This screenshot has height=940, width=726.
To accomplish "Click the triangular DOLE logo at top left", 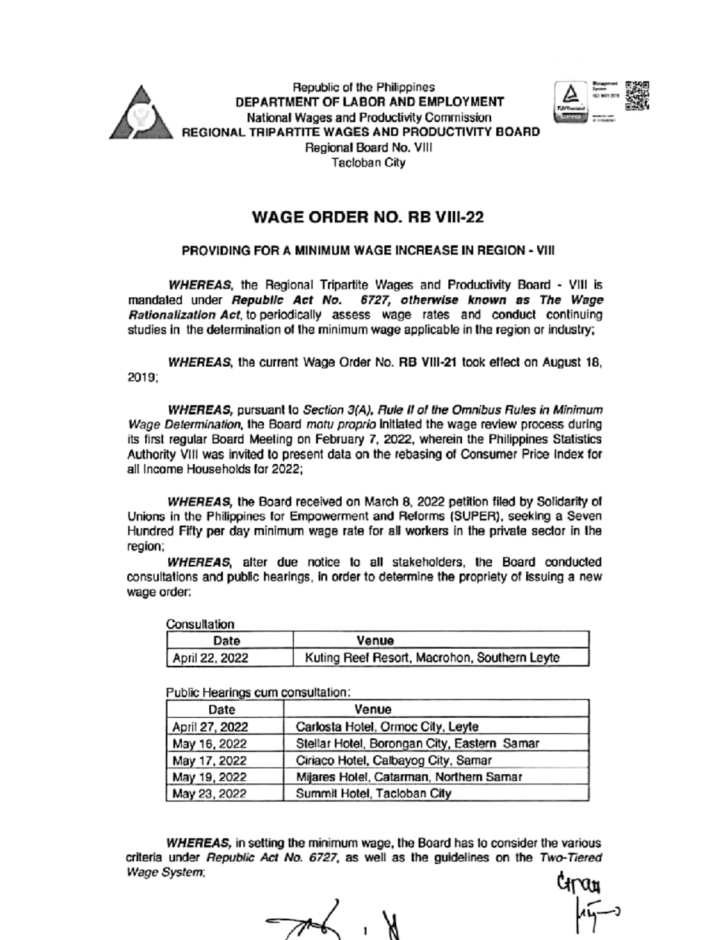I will coord(140,113).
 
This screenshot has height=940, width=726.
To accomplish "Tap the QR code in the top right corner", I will coord(637,96).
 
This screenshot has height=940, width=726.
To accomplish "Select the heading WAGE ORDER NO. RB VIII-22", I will coord(367,217).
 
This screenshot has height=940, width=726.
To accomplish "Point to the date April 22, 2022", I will coord(211,658).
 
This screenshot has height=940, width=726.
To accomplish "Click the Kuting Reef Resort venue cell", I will coord(432,657).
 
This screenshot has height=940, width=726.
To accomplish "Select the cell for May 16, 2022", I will coord(209,743).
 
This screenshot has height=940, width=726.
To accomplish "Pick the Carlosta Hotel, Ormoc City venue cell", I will coord(387,726).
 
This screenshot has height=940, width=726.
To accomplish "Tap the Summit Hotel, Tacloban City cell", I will coord(373,793).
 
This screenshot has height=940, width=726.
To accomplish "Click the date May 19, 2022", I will coord(209,777).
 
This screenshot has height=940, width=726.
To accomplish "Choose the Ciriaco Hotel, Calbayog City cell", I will coord(393,760).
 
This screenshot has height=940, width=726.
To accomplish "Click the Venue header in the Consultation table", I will coord(375,640).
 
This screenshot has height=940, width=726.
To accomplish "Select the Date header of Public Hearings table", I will coord(221,709).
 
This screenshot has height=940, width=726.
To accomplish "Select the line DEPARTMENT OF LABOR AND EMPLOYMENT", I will coord(369,102).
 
